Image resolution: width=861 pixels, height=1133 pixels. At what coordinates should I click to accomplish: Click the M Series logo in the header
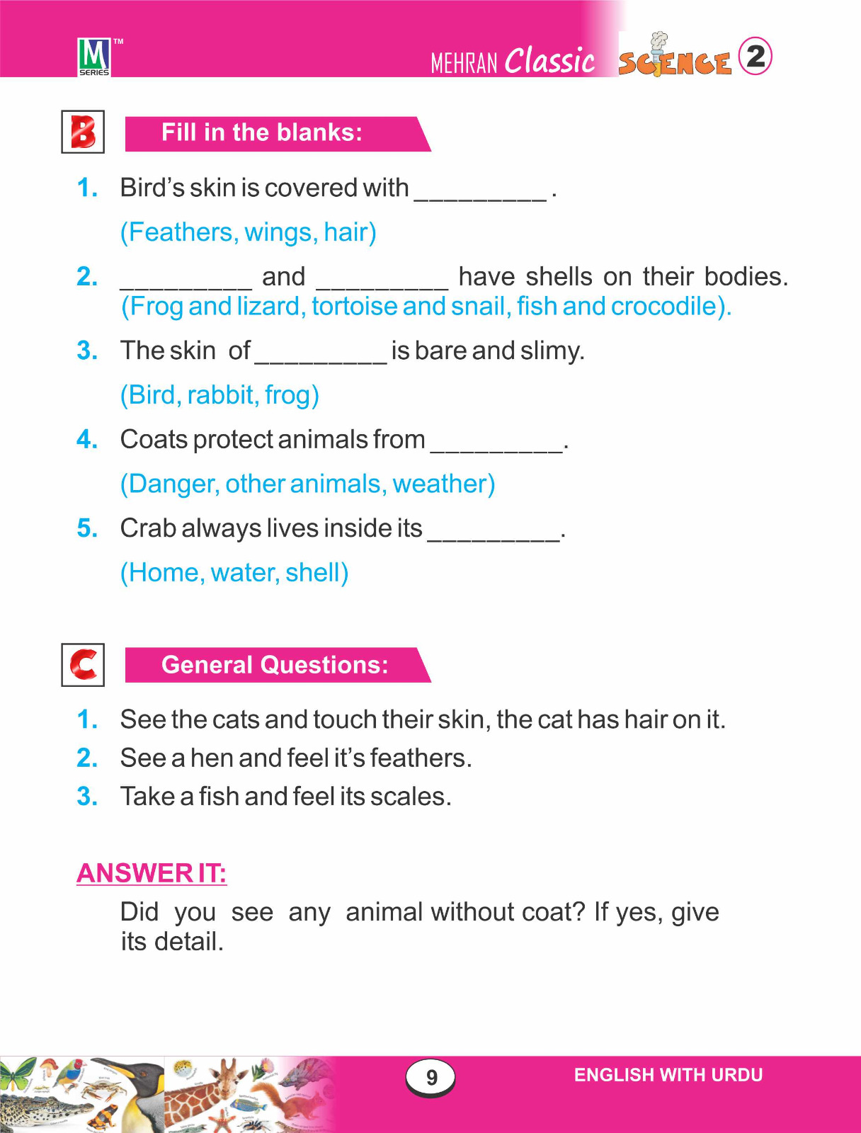[94, 57]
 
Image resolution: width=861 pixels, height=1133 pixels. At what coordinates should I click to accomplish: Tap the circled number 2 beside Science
[755, 56]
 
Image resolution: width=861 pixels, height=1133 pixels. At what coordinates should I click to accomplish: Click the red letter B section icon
[83, 132]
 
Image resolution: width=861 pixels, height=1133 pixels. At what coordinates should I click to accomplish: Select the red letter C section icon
[83, 664]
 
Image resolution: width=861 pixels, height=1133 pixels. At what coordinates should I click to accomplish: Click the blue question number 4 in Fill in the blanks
[87, 440]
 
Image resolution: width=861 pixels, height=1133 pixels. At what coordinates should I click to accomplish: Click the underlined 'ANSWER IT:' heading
[152, 873]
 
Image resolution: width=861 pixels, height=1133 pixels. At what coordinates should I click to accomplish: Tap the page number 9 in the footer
[430, 1078]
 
